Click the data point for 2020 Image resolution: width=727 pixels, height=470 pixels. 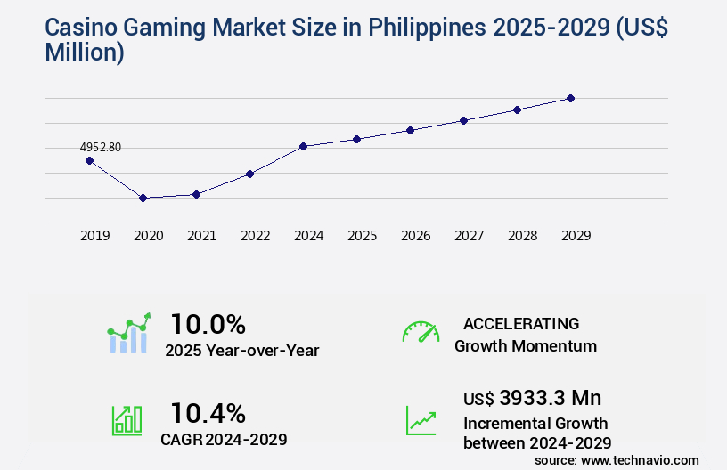143,198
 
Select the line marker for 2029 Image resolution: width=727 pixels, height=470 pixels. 570,98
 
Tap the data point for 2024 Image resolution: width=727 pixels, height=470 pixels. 303,146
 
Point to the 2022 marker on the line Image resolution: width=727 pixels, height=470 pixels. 249,174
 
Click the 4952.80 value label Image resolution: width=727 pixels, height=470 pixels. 101,147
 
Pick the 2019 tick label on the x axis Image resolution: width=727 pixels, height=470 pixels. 95,236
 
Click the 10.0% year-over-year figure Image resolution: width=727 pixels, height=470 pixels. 208,323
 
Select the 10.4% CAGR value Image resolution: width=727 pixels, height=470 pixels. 208,412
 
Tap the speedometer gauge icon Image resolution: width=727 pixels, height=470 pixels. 421,332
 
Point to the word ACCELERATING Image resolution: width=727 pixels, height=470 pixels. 521,323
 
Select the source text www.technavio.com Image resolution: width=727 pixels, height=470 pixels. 639,459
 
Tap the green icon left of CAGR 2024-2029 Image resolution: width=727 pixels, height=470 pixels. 127,420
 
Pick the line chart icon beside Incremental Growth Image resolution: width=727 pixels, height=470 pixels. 421,420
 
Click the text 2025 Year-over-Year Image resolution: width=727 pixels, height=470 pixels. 242,350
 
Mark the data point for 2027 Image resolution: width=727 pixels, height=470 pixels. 463,120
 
